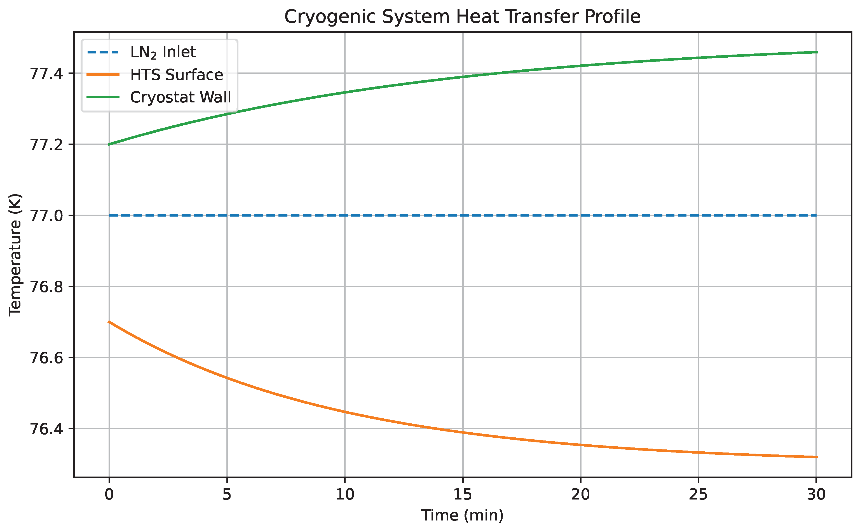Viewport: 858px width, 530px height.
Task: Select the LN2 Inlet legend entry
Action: pyautogui.click(x=163, y=52)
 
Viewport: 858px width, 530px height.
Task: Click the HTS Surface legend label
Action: pyautogui.click(x=176, y=75)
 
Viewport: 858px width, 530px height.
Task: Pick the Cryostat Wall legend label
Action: pyautogui.click(x=180, y=97)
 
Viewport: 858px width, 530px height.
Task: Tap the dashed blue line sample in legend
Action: pyautogui.click(x=103, y=52)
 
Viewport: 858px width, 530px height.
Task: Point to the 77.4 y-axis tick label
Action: pyautogui.click(x=47, y=74)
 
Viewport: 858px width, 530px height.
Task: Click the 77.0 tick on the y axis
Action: pyautogui.click(x=47, y=216)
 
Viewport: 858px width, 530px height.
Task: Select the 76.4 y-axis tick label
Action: pyautogui.click(x=47, y=429)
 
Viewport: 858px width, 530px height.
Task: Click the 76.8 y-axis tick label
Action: pyautogui.click(x=47, y=287)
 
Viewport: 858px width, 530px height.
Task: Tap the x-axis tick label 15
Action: pyautogui.click(x=463, y=494)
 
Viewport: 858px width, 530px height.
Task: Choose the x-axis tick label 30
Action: pyautogui.click(x=816, y=494)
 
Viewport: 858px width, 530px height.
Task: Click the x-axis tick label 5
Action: pyautogui.click(x=227, y=494)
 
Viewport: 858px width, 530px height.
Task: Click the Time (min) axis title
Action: pyautogui.click(x=462, y=515)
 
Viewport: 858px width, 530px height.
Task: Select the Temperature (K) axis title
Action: pyautogui.click(x=15, y=255)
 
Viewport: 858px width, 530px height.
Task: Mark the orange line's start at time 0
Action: pyautogui.click(x=109, y=322)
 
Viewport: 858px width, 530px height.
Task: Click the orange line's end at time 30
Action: pyautogui.click(x=817, y=457)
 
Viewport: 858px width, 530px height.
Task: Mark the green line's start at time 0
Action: pyautogui.click(x=109, y=144)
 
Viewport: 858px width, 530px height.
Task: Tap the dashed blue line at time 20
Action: pyautogui.click(x=581, y=215)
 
